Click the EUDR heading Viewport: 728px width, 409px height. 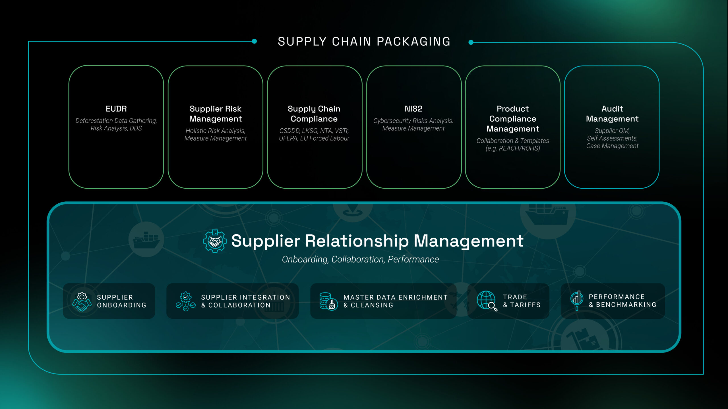coord(116,109)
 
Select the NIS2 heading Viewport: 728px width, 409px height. coord(413,109)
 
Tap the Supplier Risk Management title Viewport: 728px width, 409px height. coord(215,114)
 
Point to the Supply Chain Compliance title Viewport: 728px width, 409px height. coord(314,114)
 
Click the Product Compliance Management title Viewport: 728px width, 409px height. coord(512,119)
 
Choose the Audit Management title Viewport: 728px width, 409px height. coord(612,114)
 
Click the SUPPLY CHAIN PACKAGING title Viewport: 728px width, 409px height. coord(364,42)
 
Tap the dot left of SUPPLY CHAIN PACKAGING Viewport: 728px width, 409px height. coord(255,41)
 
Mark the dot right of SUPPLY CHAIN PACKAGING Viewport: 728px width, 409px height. coord(471,42)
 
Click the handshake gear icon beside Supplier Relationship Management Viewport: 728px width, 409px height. coord(215,241)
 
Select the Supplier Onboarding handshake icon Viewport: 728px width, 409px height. coord(82,302)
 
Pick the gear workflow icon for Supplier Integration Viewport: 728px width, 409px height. coord(186,302)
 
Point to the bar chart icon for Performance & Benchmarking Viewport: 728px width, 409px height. coord(577,300)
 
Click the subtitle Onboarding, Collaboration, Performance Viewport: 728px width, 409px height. coord(360,259)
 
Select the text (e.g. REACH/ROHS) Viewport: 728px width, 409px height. coord(512,148)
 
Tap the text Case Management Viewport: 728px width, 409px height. coord(612,146)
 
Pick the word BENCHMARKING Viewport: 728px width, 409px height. coord(626,305)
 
